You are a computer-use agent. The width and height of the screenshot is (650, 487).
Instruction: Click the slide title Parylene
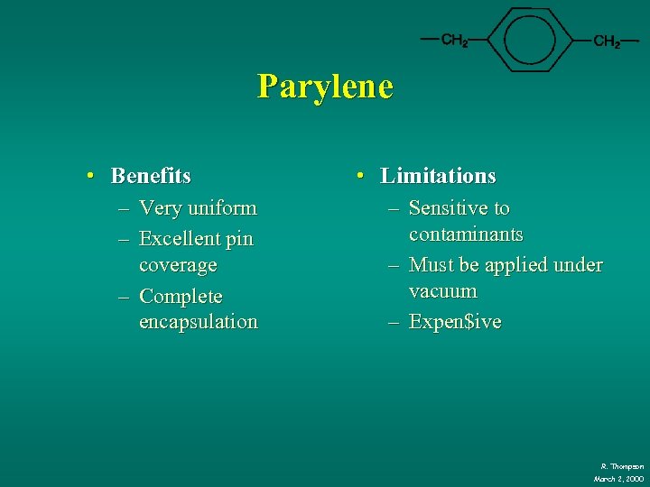pyautogui.click(x=325, y=87)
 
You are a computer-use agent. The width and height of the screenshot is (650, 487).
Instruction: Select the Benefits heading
pyautogui.click(x=151, y=175)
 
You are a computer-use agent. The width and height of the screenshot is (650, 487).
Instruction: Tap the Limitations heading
pyautogui.click(x=438, y=176)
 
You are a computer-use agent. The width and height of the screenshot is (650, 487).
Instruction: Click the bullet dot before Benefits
pyautogui.click(x=93, y=175)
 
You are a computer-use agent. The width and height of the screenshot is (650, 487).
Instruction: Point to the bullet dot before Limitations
pyautogui.click(x=360, y=176)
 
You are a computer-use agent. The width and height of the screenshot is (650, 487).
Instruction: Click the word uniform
pyautogui.click(x=221, y=208)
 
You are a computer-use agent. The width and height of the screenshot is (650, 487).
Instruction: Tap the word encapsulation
pyautogui.click(x=198, y=322)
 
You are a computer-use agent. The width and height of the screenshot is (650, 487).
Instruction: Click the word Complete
pyautogui.click(x=181, y=297)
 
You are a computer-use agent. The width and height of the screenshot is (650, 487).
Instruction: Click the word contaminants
pyautogui.click(x=465, y=234)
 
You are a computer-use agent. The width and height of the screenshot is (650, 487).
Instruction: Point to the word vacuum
pyautogui.click(x=442, y=291)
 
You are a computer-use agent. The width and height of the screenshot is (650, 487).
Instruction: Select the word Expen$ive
pyautogui.click(x=454, y=322)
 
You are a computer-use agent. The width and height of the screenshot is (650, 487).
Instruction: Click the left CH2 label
pyautogui.click(x=454, y=41)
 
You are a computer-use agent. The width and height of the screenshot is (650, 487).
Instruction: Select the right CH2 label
pyautogui.click(x=606, y=41)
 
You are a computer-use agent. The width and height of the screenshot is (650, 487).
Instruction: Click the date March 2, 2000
pyautogui.click(x=618, y=478)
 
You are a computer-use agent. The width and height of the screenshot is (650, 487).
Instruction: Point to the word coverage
pyautogui.click(x=178, y=265)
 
